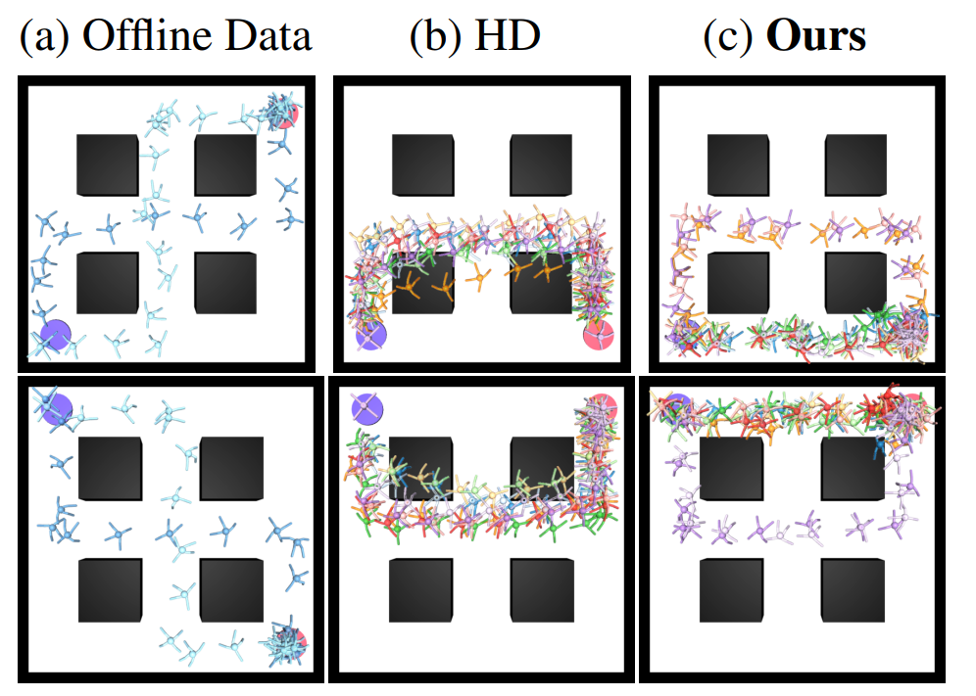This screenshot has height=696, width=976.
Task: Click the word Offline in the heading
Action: click(149, 35)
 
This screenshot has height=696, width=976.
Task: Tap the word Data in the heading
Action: click(268, 36)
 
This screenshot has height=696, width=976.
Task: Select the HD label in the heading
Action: click(507, 35)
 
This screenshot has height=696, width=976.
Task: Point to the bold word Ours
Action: click(815, 36)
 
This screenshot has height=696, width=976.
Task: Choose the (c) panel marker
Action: click(728, 36)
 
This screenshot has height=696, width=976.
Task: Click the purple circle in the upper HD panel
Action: click(371, 335)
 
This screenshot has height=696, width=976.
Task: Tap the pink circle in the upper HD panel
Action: click(599, 335)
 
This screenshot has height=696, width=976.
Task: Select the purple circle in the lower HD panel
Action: click(367, 408)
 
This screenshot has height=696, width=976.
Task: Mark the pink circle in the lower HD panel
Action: click(601, 408)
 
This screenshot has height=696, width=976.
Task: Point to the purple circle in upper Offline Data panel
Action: click(56, 336)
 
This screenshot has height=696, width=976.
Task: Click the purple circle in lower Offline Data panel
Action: click(57, 408)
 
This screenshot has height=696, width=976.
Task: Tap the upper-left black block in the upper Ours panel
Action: click(738, 164)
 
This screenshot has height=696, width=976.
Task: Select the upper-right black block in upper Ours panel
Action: click(855, 164)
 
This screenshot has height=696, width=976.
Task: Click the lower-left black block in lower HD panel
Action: click(420, 590)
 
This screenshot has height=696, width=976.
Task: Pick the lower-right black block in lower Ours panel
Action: click(853, 590)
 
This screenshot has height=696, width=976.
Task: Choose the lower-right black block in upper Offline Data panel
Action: click(225, 283)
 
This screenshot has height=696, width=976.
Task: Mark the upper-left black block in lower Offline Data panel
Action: click(110, 468)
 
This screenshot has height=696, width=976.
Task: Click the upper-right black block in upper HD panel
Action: click(541, 164)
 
